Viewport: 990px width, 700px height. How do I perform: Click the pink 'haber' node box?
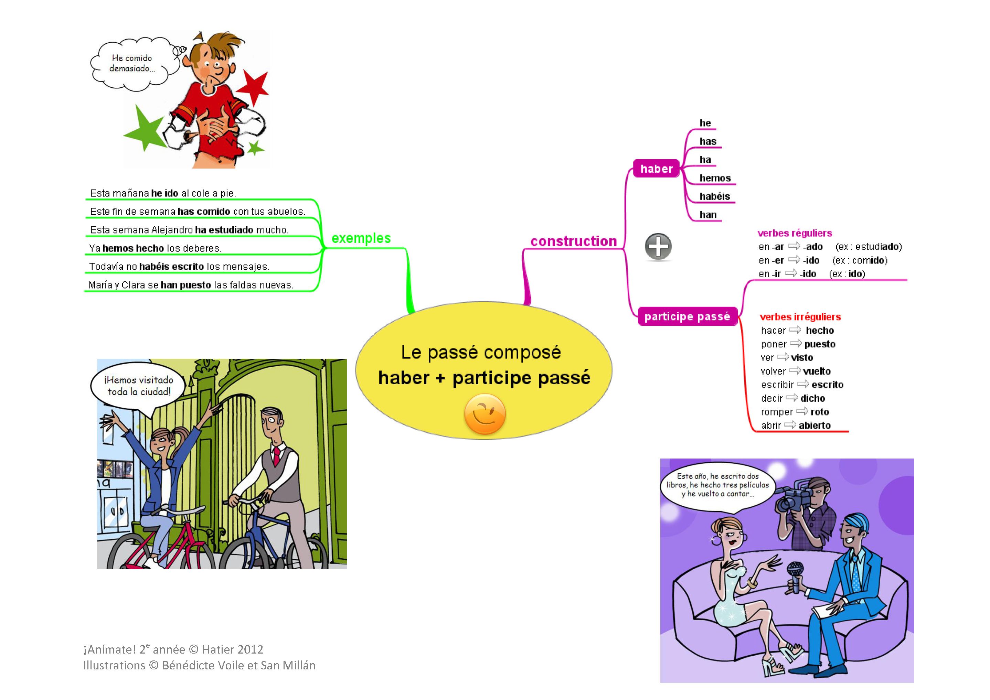656,169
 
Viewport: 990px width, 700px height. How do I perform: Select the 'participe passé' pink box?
687,317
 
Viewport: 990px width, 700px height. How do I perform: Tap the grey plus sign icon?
658,247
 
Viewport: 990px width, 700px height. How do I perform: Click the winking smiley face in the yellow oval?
485,414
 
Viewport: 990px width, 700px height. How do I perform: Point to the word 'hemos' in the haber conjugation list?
715,178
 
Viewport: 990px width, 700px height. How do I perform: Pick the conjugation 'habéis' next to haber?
714,196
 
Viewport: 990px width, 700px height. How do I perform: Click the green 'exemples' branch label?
361,238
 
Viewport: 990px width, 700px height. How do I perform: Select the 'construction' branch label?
574,241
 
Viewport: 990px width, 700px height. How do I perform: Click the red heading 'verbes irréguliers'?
800,317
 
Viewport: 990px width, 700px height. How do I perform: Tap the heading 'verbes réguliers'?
794,233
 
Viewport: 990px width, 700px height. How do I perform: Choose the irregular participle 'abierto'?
815,426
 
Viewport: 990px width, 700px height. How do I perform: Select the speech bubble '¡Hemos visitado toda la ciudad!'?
138,386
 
